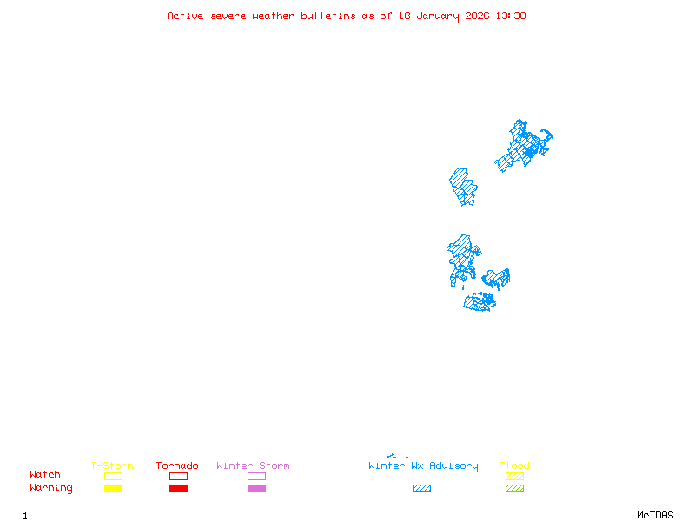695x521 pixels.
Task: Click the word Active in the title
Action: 185,16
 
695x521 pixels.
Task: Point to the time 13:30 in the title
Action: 513,16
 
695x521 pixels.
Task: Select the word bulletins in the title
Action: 328,16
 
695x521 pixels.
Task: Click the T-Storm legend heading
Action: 112,466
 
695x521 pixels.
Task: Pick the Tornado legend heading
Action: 177,466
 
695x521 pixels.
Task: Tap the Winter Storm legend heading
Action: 253,466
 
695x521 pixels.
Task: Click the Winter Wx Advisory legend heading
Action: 423,466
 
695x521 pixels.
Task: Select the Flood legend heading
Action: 514,466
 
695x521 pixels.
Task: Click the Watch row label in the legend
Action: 45,475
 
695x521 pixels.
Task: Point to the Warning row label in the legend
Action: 51,488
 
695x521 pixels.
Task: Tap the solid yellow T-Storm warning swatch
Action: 113,489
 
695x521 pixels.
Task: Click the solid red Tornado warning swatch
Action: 178,489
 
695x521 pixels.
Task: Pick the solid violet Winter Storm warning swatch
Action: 256,489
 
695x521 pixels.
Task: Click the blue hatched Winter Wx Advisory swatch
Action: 421,489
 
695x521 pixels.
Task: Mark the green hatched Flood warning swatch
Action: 514,489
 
